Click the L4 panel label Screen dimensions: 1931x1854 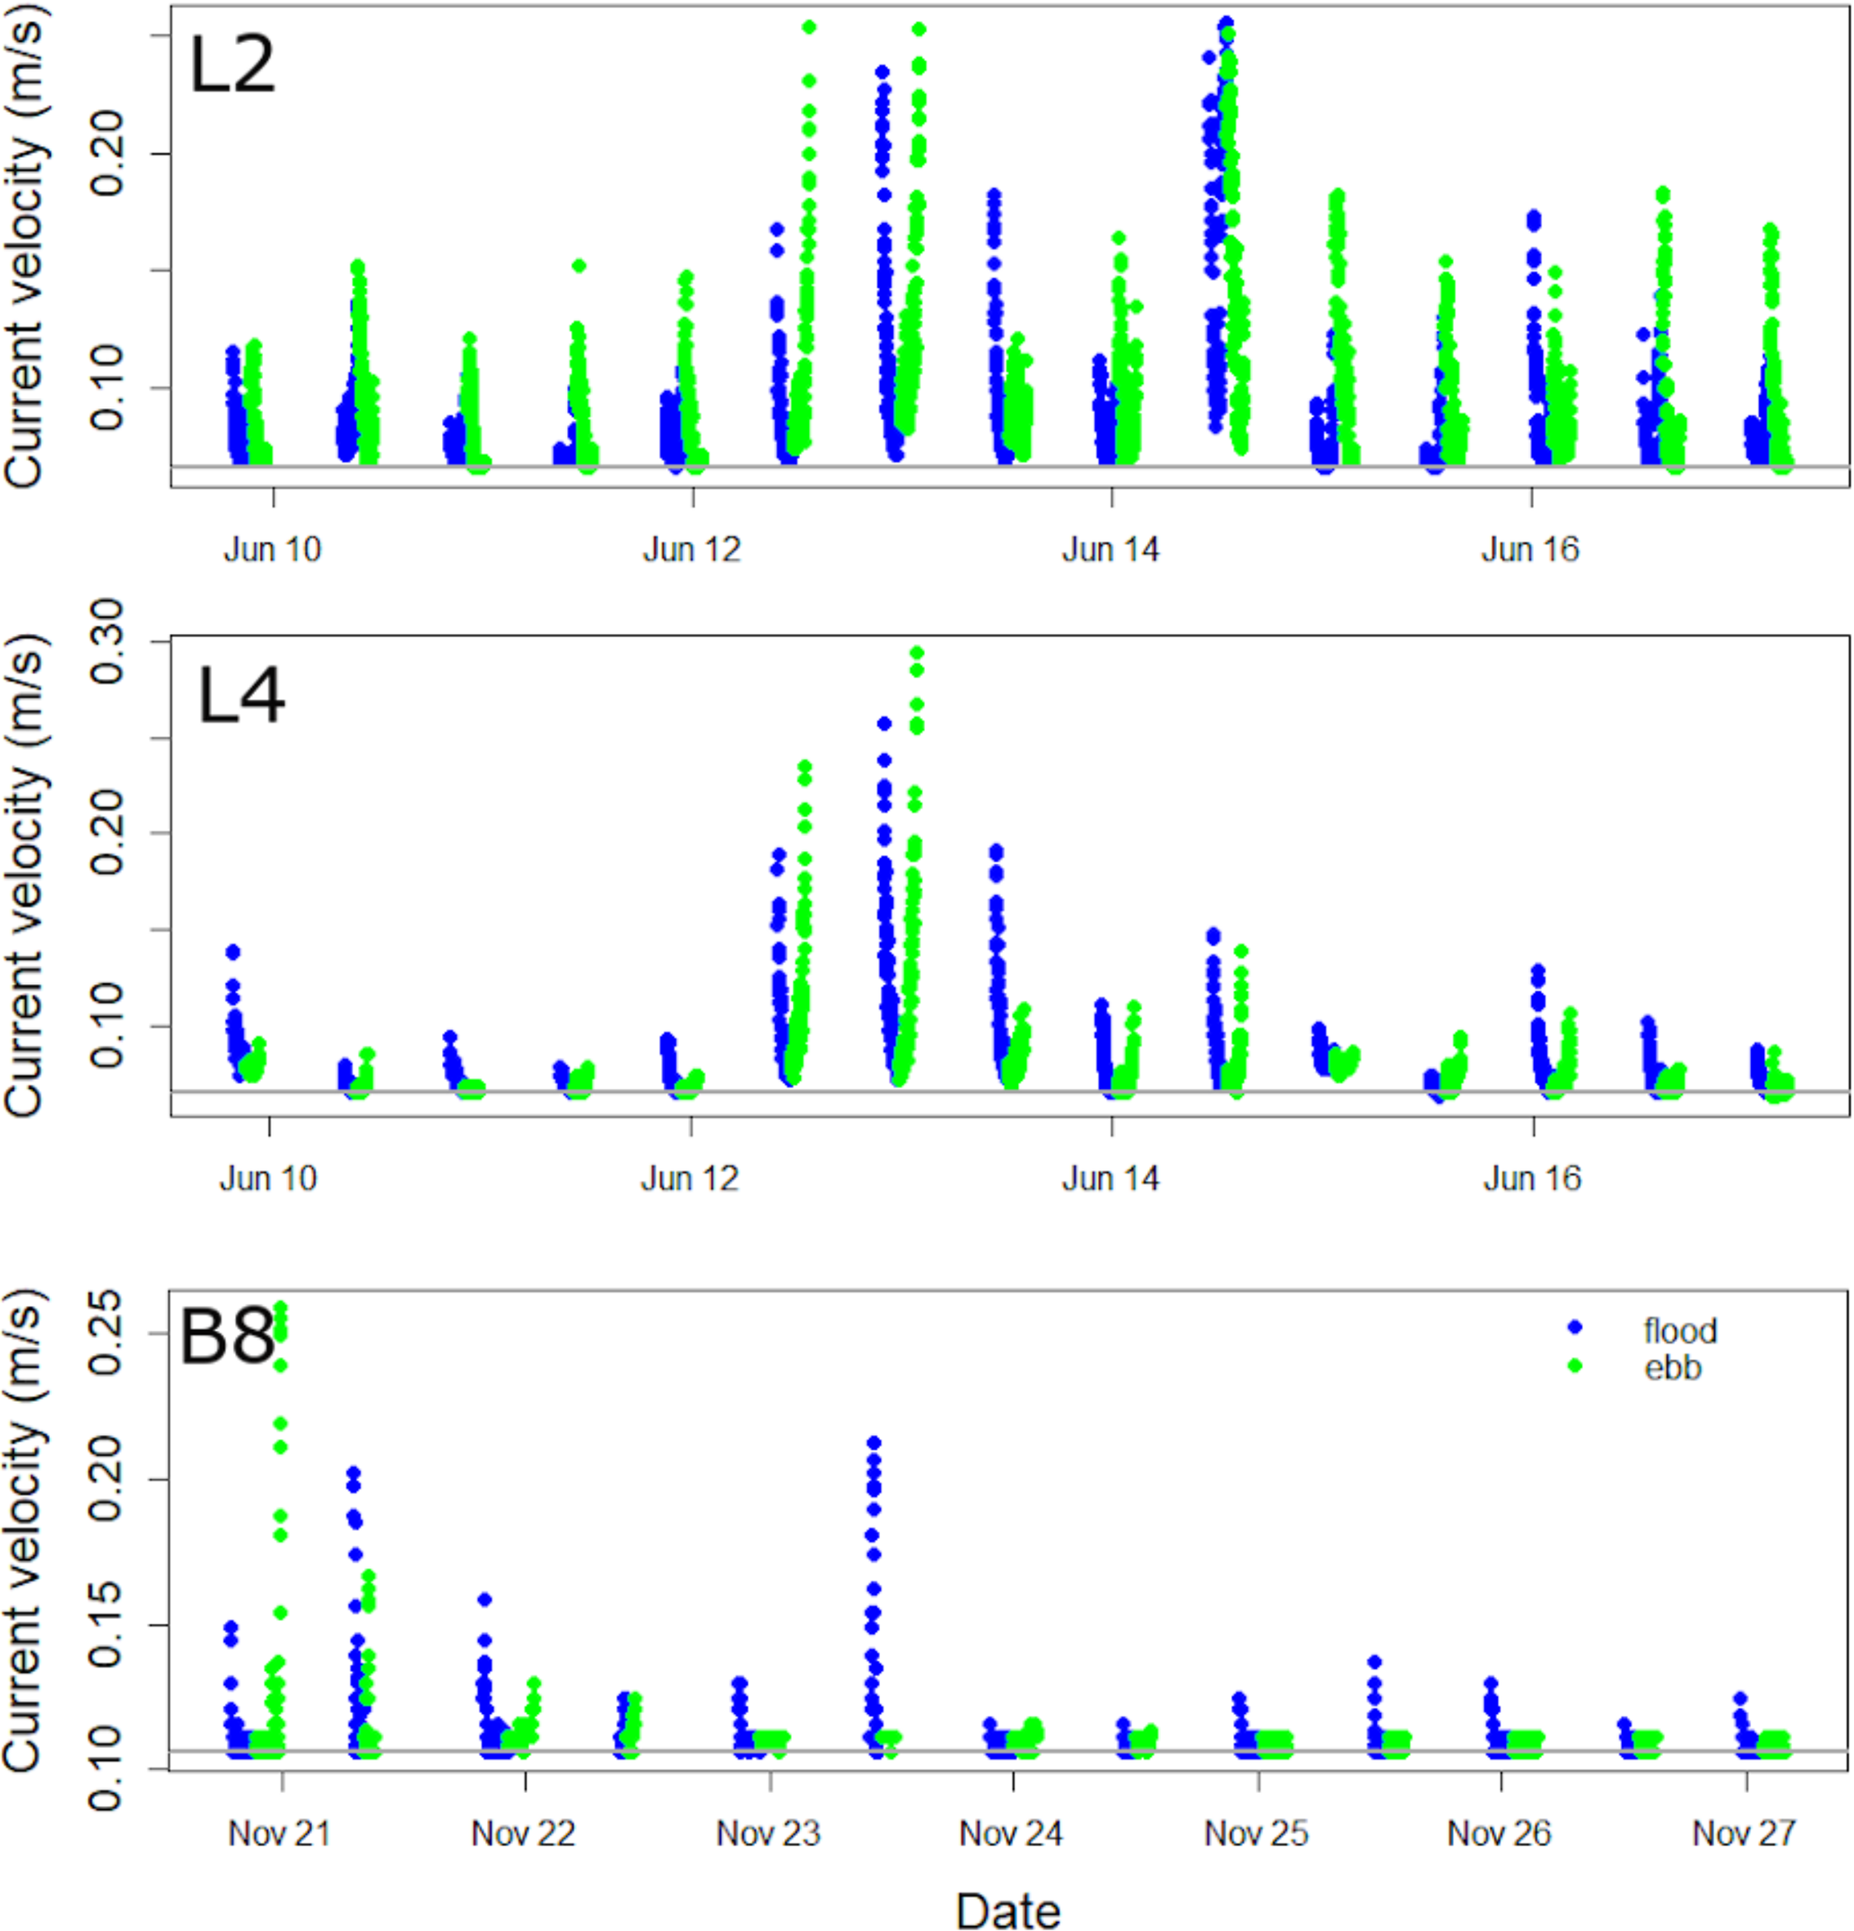[x=241, y=696]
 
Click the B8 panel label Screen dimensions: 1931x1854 [x=227, y=1338]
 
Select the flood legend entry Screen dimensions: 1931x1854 [x=1679, y=1331]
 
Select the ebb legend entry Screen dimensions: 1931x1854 [x=1672, y=1369]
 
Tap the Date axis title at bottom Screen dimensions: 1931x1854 [x=1008, y=1909]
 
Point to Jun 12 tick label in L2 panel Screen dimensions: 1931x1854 [x=692, y=550]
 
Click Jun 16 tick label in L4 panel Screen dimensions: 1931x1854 [x=1532, y=1179]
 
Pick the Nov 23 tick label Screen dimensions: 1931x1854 [x=769, y=1833]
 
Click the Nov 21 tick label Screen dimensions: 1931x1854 [x=280, y=1833]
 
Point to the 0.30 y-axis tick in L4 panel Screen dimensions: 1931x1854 [x=107, y=641]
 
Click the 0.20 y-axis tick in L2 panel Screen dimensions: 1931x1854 [x=107, y=153]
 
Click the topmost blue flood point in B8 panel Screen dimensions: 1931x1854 [x=874, y=1443]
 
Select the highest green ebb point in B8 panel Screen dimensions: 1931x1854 [x=280, y=1309]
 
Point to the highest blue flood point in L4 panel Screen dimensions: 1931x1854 [x=884, y=724]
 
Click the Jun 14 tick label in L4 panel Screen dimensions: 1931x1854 [x=1111, y=1179]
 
